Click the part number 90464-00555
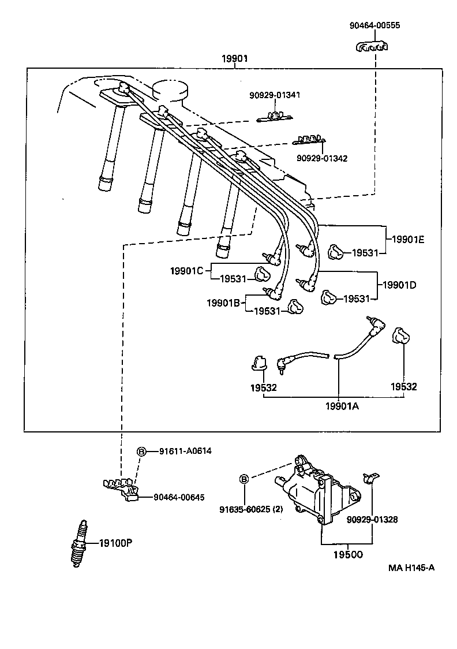click(x=374, y=25)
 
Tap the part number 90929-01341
click(x=275, y=95)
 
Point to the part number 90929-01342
click(x=323, y=158)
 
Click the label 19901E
click(x=408, y=240)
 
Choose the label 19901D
click(x=400, y=285)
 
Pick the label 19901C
click(x=186, y=270)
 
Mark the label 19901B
click(x=223, y=302)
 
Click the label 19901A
click(x=342, y=406)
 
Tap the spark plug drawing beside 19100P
click(x=79, y=544)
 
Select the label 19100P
click(x=115, y=543)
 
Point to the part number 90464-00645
click(x=178, y=497)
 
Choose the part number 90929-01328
click(x=372, y=519)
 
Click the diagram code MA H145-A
click(x=411, y=568)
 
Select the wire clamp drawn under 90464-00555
click(x=371, y=47)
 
